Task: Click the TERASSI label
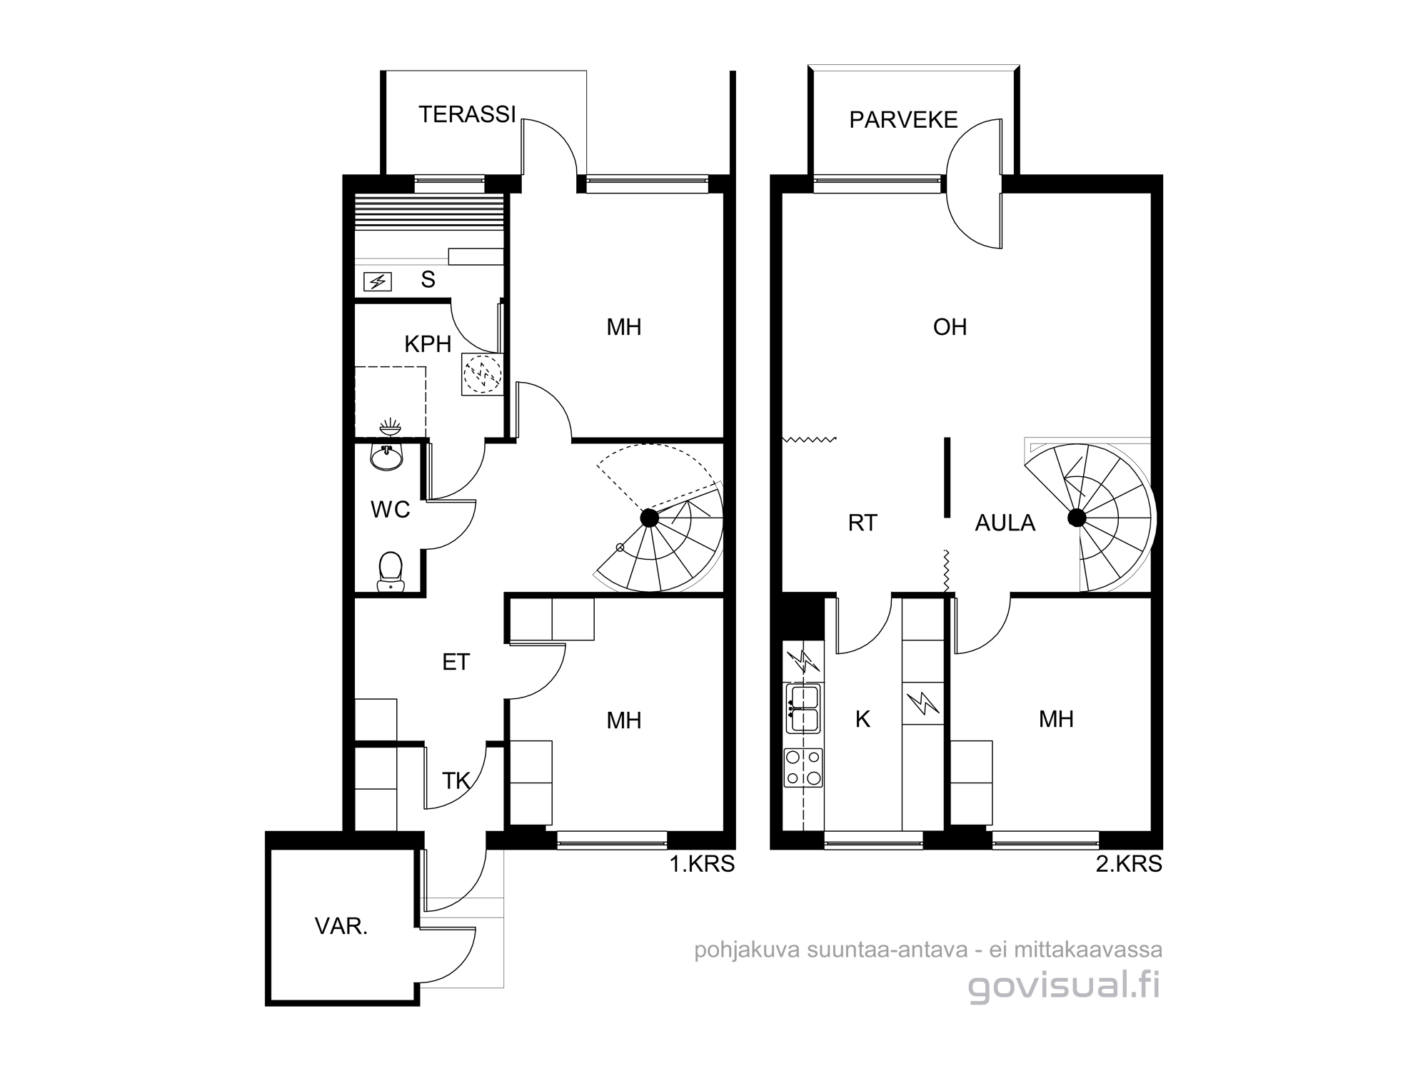point(467,115)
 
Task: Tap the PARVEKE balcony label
point(903,120)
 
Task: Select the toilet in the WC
point(390,572)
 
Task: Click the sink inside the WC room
point(387,456)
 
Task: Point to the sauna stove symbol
point(378,282)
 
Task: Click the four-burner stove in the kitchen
point(803,768)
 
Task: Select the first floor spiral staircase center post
point(649,518)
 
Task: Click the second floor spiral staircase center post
point(1077,518)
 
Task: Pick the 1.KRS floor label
point(702,865)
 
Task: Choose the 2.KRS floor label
point(1129,865)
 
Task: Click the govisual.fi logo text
point(1065,986)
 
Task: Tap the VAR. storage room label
point(341,927)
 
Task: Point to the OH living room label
point(950,327)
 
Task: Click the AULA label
point(1005,523)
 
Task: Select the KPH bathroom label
point(428,345)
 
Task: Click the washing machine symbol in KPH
point(483,374)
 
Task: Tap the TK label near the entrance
point(456,782)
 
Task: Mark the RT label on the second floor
point(863,523)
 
